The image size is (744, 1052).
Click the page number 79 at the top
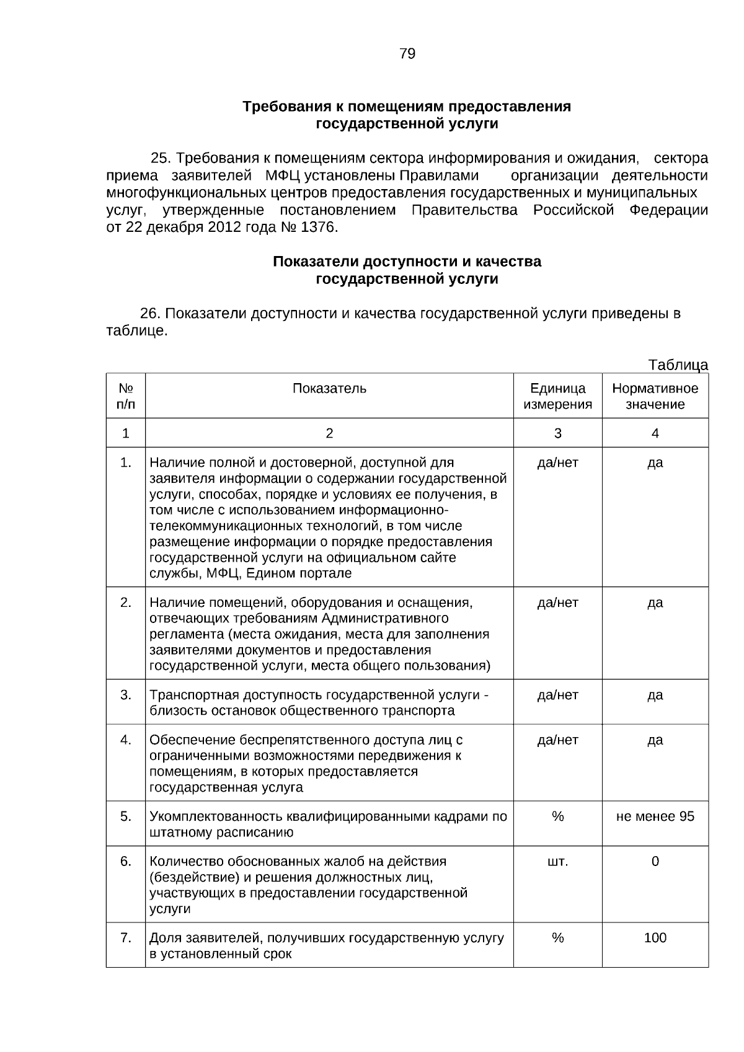click(x=407, y=54)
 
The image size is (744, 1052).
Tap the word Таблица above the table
click(x=678, y=365)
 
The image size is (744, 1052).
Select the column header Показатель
click(x=329, y=389)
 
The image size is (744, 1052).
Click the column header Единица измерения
click(x=557, y=396)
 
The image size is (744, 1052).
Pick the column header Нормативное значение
click(x=655, y=396)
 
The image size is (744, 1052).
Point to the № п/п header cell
click(x=126, y=396)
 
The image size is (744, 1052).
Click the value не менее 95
click(x=655, y=816)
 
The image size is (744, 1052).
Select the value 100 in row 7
click(x=655, y=938)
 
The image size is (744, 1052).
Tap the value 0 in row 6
click(x=655, y=862)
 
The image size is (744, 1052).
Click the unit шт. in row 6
click(x=557, y=862)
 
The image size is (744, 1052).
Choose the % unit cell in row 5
click(x=557, y=816)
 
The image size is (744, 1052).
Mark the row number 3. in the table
click(x=126, y=695)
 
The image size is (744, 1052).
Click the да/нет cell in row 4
click(x=557, y=740)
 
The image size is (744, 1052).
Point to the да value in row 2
click(x=655, y=603)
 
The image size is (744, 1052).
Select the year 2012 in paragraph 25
click(x=224, y=228)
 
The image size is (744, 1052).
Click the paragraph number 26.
click(x=151, y=314)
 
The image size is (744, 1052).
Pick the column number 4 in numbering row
click(x=655, y=433)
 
